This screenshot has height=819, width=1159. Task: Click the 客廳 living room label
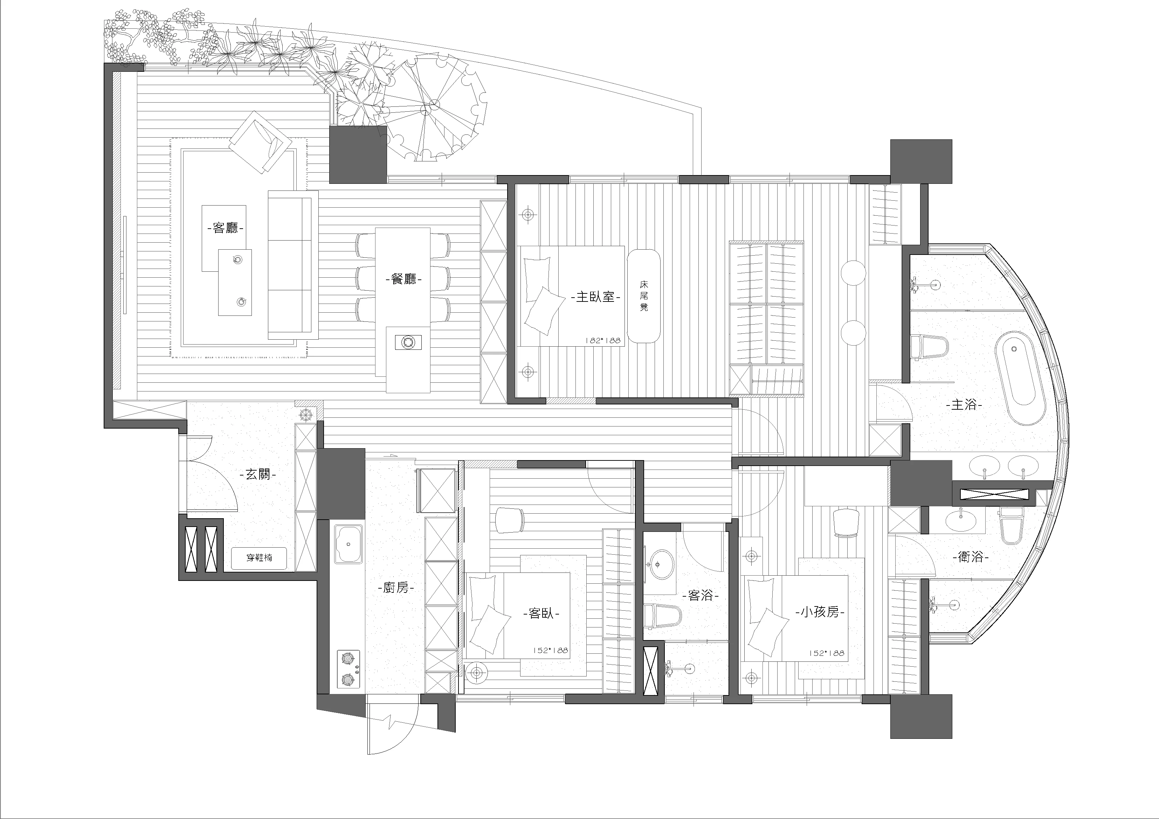225,229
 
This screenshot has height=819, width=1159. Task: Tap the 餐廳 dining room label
403,279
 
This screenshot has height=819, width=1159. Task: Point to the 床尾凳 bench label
644,296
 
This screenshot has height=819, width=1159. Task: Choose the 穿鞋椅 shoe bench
259,558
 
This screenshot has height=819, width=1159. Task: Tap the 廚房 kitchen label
395,588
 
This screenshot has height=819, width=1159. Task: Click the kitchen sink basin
348,544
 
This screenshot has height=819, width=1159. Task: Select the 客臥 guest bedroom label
541,613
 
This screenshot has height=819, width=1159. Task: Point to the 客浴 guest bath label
701,596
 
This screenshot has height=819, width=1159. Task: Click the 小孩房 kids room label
820,613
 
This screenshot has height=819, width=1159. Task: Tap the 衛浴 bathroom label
970,557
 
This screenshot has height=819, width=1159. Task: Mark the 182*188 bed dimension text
602,341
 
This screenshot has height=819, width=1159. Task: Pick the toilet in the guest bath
663,616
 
